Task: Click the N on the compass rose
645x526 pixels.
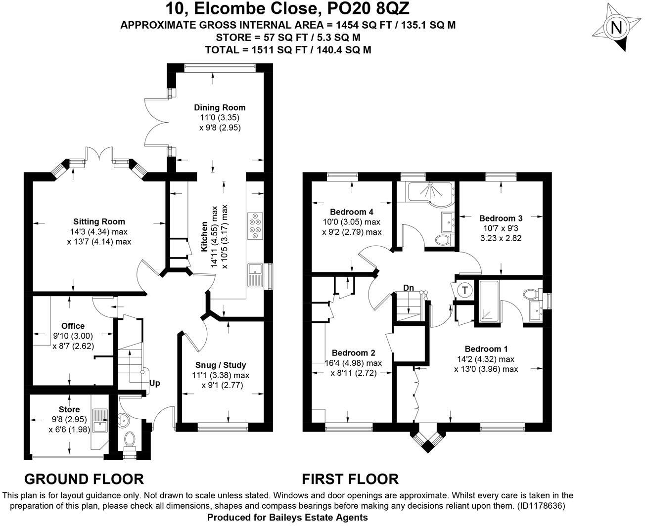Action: click(x=616, y=28)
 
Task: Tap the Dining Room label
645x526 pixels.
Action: click(x=220, y=108)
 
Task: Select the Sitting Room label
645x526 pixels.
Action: click(x=99, y=221)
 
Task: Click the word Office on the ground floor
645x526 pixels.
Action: click(x=73, y=326)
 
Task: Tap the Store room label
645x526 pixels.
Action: click(x=69, y=409)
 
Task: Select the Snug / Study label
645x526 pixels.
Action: click(x=221, y=365)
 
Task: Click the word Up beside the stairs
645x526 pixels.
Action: click(x=155, y=383)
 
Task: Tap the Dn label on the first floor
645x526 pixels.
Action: click(x=409, y=288)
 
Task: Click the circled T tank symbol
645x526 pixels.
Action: click(x=465, y=290)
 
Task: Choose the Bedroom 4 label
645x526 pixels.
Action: click(x=352, y=212)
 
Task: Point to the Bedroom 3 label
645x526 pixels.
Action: click(x=501, y=218)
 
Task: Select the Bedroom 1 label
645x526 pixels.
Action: click(x=486, y=349)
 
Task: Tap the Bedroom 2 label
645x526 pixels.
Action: click(x=353, y=352)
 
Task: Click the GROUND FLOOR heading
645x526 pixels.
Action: click(x=84, y=479)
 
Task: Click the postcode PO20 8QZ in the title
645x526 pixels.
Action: click(x=368, y=8)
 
